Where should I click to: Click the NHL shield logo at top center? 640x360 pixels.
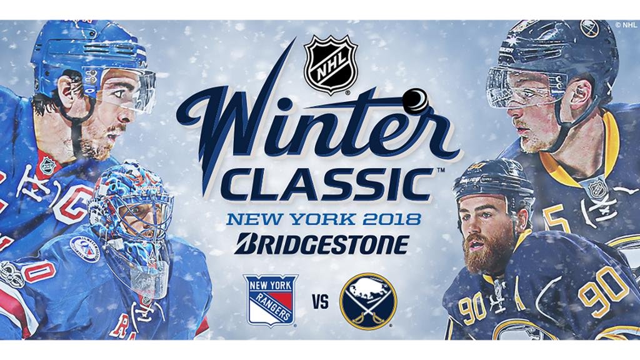(331, 64)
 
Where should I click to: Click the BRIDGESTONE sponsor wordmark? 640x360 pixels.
(322, 244)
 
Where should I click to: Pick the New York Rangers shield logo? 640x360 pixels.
(270, 301)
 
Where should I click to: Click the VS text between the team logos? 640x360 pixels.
(321, 302)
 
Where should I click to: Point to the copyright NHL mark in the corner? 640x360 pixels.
(626, 25)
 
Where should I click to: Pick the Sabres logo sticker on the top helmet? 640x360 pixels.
(589, 29)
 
